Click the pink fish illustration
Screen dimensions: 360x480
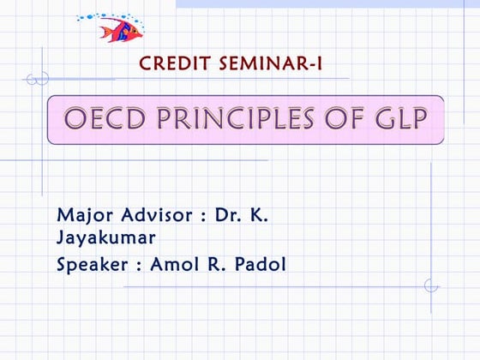(x=119, y=30)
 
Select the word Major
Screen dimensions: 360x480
(x=83, y=214)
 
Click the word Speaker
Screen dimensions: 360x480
(x=93, y=265)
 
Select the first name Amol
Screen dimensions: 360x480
(x=175, y=264)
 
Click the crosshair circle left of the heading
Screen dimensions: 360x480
(x=36, y=79)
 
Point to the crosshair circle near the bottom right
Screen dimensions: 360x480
(x=431, y=285)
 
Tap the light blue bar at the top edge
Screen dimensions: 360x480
(x=326, y=3)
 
